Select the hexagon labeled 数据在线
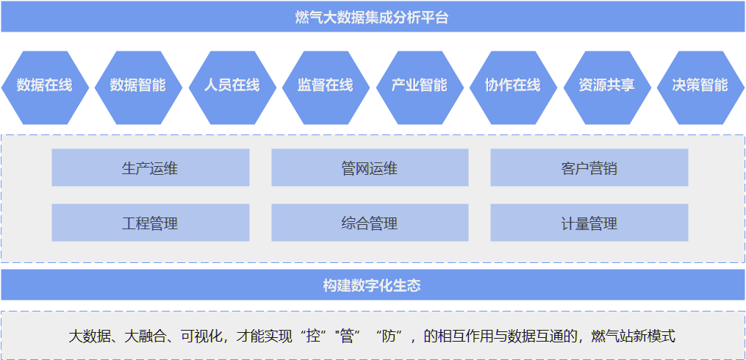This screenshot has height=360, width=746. [44, 85]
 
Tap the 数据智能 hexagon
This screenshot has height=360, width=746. [137, 85]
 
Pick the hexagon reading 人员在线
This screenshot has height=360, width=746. [232, 85]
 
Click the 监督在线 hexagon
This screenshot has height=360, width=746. [325, 85]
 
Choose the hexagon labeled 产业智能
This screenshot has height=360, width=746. [419, 85]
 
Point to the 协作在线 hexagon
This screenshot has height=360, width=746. [512, 85]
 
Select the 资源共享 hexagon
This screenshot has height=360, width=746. [606, 85]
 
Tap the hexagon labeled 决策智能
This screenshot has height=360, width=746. [700, 85]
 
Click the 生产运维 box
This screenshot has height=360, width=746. [150, 168]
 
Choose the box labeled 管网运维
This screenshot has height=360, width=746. [370, 168]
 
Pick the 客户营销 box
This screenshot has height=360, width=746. [589, 168]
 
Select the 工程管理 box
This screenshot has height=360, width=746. [150, 223]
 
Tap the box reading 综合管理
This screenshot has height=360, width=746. [370, 223]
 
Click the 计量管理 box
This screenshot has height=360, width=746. [589, 223]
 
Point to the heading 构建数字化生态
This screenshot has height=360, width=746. [372, 285]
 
